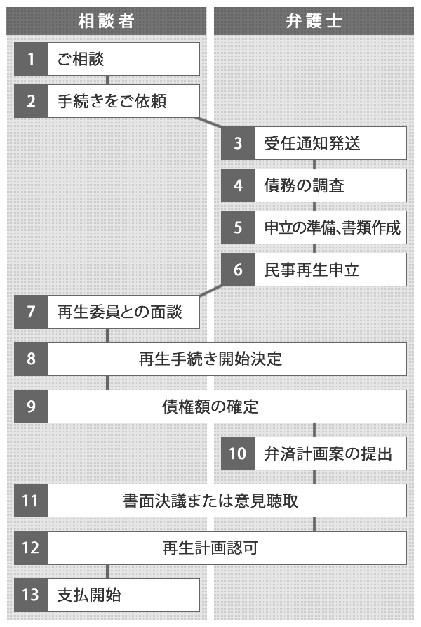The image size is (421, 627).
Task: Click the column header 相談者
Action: [x=106, y=21]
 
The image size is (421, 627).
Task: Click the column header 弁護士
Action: [x=314, y=21]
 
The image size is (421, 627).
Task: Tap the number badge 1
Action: [x=31, y=59]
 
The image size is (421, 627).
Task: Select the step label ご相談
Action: [x=80, y=59]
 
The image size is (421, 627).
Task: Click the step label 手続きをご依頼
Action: [x=112, y=101]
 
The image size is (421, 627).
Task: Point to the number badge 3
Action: [x=238, y=143]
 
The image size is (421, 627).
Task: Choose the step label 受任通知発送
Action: [x=312, y=143]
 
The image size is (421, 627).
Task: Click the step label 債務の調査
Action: [x=304, y=185]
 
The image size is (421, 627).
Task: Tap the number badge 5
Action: [x=238, y=227]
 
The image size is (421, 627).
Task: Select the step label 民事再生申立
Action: [x=312, y=270]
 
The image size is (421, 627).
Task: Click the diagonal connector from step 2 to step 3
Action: [x=208, y=123]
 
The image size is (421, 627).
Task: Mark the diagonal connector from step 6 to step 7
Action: [x=211, y=291]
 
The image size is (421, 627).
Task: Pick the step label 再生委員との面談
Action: [x=119, y=312]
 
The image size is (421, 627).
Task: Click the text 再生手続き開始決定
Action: [x=210, y=359]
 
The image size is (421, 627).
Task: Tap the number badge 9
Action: [x=31, y=407]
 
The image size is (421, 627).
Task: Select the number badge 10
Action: [x=238, y=454]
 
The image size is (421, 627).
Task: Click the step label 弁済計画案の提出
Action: [x=328, y=454]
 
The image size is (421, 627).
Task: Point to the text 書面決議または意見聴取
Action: [x=210, y=501]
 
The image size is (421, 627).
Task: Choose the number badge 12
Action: [x=31, y=548]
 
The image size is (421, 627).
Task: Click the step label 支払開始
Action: [x=88, y=595]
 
